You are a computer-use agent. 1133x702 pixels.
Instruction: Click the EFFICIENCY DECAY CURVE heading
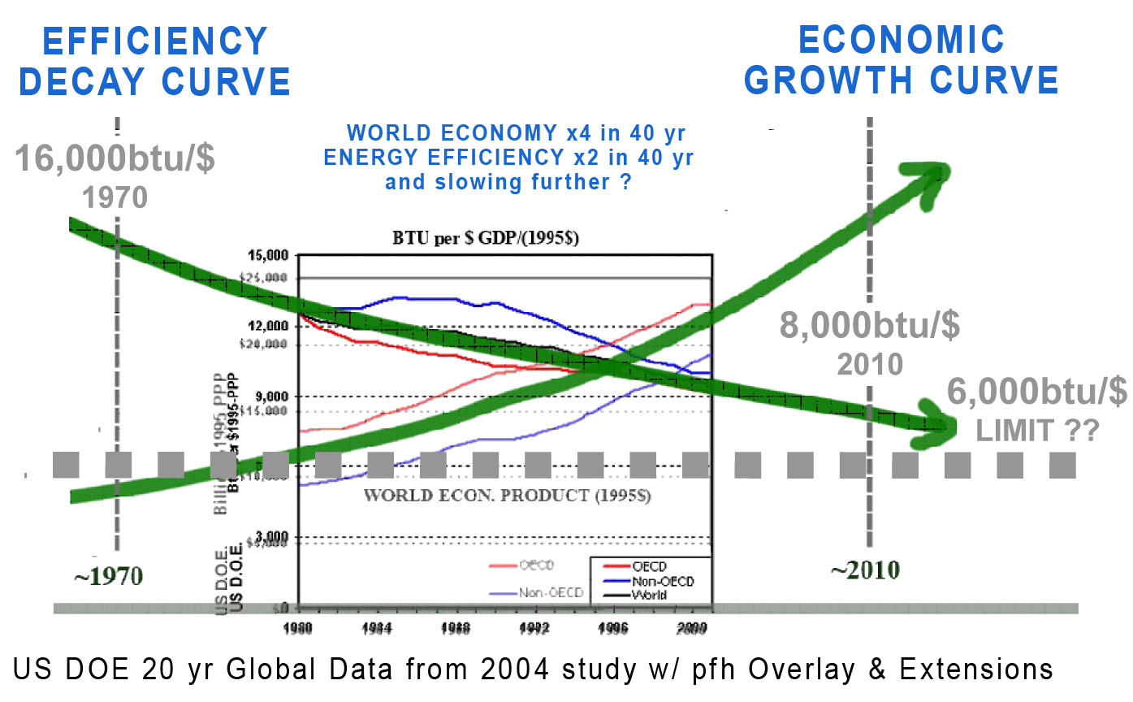[154, 61]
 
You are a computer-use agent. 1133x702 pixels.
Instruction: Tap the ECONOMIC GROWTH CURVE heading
[902, 61]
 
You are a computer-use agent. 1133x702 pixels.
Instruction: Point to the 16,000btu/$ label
[115, 158]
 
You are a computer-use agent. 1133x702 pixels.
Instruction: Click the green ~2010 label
[864, 570]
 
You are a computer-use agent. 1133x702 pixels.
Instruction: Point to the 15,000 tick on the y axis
[266, 255]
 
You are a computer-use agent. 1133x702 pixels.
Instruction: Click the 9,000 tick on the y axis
[270, 396]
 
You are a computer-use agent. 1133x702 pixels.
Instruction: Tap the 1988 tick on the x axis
[459, 627]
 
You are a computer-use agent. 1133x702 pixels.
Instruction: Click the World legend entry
[650, 594]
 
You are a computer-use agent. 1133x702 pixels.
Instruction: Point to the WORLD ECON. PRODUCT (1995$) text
[508, 495]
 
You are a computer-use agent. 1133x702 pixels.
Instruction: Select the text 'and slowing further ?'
[508, 181]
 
